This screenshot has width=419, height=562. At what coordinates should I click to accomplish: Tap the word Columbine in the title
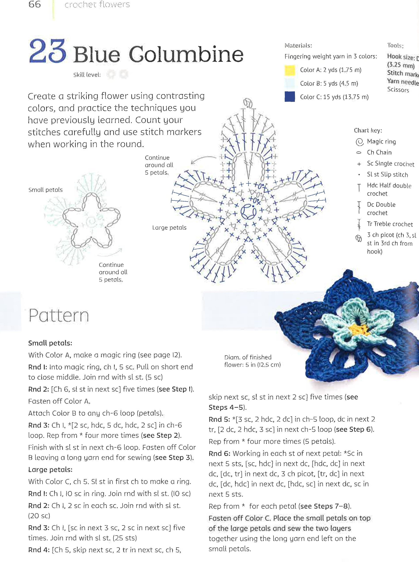(186, 54)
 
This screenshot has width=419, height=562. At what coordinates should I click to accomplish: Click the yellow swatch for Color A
(290, 70)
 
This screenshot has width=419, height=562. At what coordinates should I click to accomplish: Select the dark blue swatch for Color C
(290, 97)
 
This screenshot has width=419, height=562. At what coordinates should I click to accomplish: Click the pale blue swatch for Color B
(290, 84)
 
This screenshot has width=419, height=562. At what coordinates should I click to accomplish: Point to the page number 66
(34, 4)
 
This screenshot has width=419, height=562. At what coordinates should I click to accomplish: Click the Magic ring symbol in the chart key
(359, 142)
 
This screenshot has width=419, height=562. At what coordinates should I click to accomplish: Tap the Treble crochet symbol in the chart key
(359, 224)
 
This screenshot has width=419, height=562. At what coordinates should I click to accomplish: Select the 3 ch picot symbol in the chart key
(359, 239)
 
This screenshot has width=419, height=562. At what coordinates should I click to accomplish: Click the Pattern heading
(59, 315)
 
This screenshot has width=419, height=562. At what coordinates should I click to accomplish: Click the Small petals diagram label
(46, 190)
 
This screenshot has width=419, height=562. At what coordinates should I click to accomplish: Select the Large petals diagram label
(169, 228)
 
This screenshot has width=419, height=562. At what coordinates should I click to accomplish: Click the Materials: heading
(298, 46)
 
